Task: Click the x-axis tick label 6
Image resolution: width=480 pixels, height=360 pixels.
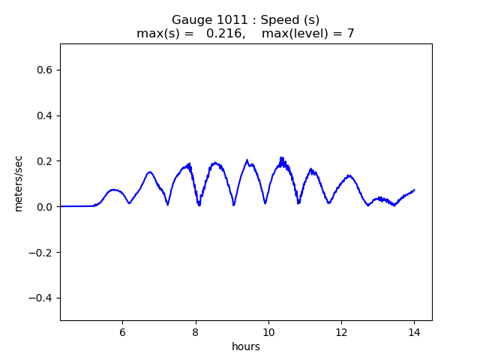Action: click(x=122, y=331)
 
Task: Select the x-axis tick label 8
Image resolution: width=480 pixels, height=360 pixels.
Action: click(x=195, y=331)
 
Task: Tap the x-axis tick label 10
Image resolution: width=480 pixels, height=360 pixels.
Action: click(x=268, y=331)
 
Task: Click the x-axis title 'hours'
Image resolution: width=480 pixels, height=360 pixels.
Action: click(x=246, y=346)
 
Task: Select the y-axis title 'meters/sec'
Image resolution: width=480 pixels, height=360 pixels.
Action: click(x=19, y=183)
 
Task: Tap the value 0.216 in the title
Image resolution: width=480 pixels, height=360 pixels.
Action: click(x=222, y=34)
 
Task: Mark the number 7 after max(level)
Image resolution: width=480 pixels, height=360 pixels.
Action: click(x=350, y=34)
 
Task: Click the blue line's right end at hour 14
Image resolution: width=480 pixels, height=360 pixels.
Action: click(x=413, y=190)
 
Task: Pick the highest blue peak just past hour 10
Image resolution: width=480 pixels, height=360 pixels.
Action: click(x=281, y=157)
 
